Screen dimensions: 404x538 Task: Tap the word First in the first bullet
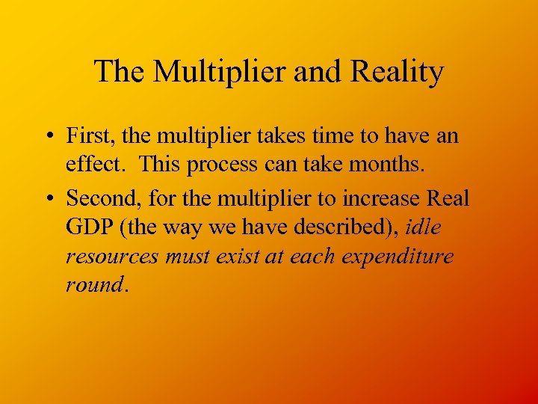point(88,136)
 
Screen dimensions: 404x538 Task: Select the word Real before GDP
point(447,199)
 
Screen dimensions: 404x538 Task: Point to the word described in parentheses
point(337,227)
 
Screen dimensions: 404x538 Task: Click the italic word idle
point(424,227)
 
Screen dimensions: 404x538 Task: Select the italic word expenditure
point(398,257)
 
